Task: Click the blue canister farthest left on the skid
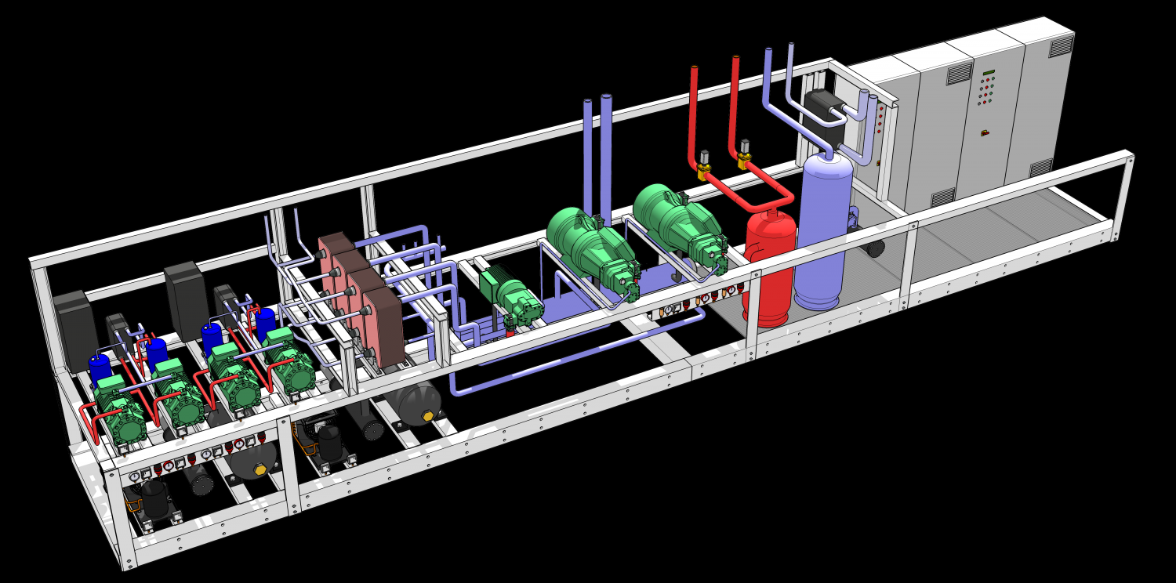(100, 368)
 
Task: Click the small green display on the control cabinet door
(988, 74)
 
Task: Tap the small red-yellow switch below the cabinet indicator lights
(985, 133)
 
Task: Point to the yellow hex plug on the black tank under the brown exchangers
(428, 416)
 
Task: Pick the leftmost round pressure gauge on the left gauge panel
(135, 476)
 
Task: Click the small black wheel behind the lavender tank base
(873, 248)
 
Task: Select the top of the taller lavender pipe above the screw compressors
(606, 98)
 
